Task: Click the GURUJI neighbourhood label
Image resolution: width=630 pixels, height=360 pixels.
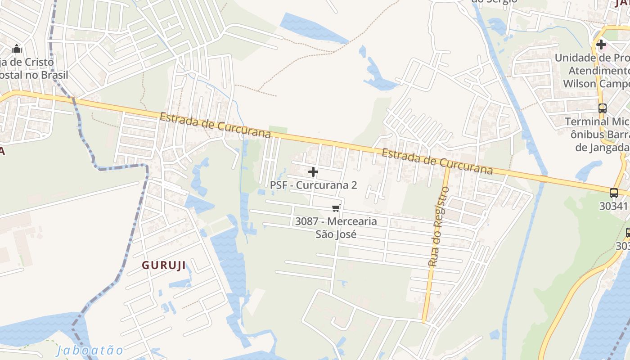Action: click(x=164, y=265)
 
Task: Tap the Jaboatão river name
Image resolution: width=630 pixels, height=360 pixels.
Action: click(x=90, y=350)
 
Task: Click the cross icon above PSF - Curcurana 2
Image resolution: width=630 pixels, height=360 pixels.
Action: click(x=313, y=172)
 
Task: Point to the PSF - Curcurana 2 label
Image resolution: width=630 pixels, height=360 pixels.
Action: click(x=313, y=185)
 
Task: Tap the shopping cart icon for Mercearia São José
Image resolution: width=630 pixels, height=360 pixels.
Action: click(x=336, y=207)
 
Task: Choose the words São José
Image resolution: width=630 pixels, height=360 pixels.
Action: click(x=336, y=234)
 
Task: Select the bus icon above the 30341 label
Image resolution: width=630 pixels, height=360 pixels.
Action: click(x=613, y=193)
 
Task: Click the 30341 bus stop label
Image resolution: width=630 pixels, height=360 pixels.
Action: click(x=613, y=206)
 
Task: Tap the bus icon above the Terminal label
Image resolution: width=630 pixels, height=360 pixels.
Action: click(x=602, y=108)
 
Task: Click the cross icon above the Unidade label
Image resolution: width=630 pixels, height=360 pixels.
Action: click(x=601, y=45)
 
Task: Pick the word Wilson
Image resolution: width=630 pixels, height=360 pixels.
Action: click(x=580, y=84)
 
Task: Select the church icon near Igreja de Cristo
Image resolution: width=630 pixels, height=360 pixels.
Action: click(x=17, y=48)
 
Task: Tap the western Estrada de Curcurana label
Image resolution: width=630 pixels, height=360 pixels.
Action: click(x=215, y=125)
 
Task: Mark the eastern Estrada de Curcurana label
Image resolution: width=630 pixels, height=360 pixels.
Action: click(x=437, y=162)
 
